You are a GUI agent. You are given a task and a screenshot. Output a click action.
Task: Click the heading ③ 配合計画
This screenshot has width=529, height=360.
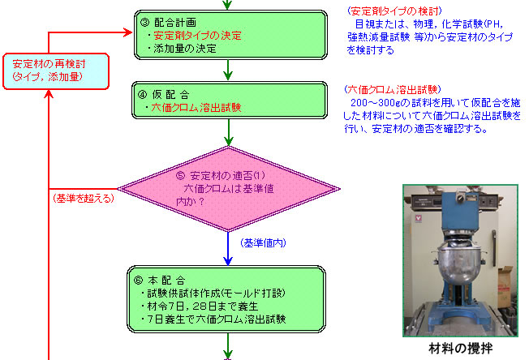(168, 23)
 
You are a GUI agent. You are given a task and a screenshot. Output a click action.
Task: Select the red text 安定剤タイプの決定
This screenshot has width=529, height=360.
(197, 36)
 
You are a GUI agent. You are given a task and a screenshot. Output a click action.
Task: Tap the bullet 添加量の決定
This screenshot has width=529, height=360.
(182, 49)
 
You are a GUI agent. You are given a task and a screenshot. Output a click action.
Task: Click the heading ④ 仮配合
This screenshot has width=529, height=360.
(164, 95)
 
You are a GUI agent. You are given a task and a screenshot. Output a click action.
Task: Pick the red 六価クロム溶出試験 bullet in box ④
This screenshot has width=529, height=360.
(196, 108)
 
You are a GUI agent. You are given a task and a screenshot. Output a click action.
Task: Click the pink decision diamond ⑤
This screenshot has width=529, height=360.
(229, 189)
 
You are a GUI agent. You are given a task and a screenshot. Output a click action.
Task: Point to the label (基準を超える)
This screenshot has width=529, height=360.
(84, 198)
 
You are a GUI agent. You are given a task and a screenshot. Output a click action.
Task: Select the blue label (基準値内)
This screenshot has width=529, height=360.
(263, 242)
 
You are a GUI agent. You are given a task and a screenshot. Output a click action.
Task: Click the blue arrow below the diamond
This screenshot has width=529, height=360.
(228, 248)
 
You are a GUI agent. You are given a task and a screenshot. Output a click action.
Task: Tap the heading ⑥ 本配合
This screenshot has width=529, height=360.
(159, 280)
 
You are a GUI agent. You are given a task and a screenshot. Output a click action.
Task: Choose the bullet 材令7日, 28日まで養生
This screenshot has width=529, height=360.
(200, 306)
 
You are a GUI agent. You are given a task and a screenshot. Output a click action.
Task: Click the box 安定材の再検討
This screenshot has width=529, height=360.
(56, 71)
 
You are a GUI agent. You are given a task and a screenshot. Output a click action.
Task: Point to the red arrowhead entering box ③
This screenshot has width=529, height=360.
(128, 32)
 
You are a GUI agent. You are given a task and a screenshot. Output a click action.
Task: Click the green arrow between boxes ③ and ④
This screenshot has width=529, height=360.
(228, 70)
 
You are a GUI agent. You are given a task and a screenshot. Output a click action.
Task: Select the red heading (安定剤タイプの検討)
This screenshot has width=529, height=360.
(394, 11)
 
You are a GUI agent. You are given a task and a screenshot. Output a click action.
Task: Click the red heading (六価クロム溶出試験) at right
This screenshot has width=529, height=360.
(393, 89)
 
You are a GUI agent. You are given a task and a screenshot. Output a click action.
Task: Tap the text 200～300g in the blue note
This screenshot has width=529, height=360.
(376, 102)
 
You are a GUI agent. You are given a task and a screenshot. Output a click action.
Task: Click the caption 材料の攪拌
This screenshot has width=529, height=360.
(460, 348)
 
